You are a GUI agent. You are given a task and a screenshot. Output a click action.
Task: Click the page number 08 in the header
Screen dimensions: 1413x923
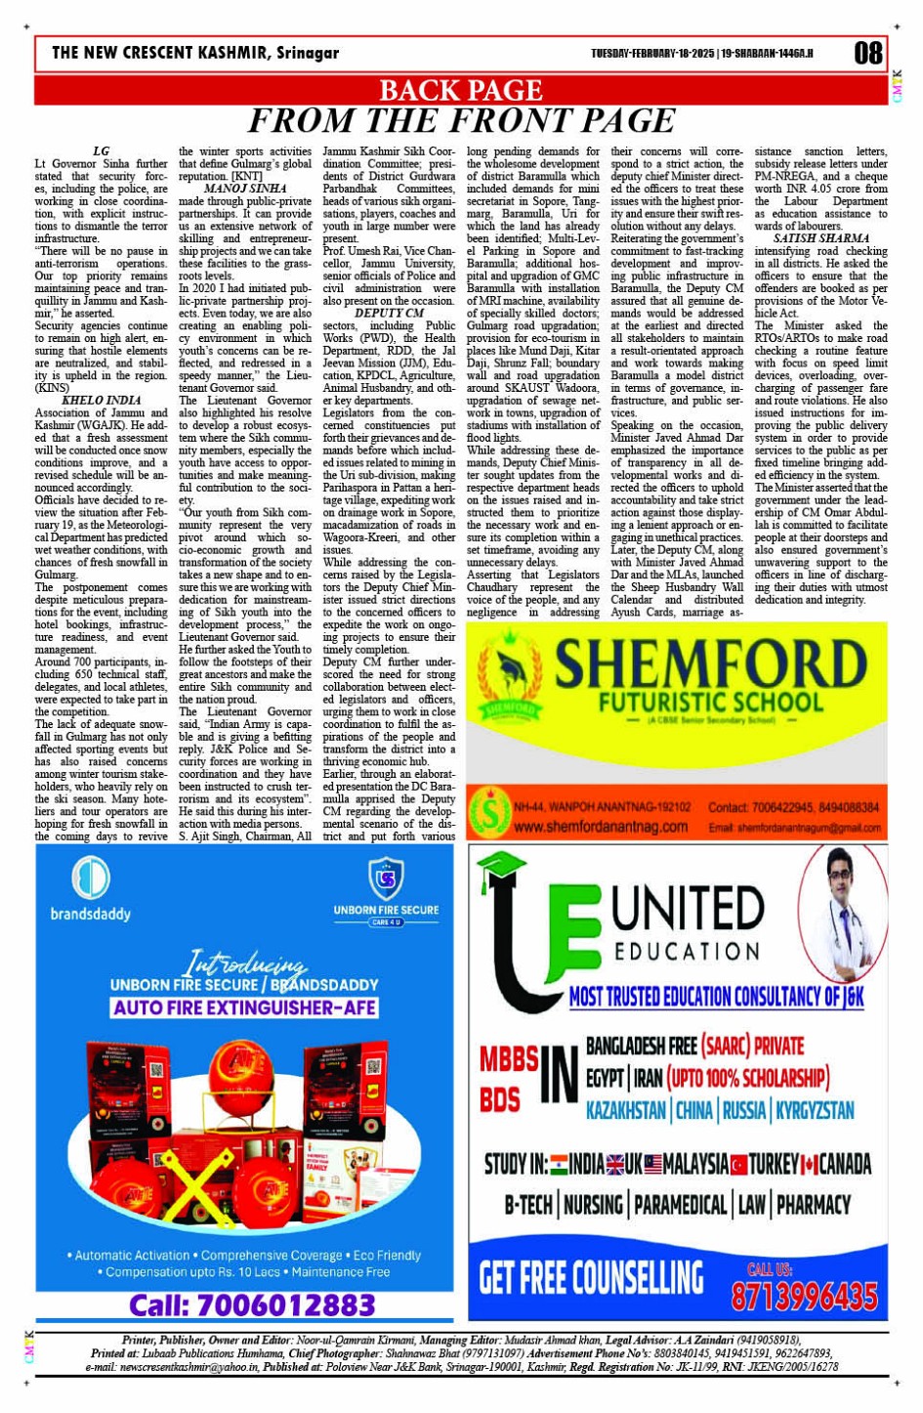click(867, 53)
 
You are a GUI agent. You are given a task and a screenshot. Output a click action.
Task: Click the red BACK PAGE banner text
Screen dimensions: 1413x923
click(460, 91)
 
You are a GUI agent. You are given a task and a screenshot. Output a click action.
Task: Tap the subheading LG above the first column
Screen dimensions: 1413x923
click(101, 151)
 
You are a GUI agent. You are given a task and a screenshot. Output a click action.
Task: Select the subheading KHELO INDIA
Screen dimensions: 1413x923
click(101, 401)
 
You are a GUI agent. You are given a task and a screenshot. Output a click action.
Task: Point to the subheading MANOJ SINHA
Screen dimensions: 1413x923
click(245, 188)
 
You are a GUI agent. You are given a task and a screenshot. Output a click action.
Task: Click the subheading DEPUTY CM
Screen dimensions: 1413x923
click(389, 314)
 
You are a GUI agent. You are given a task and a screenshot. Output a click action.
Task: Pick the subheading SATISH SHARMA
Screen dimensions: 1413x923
click(820, 238)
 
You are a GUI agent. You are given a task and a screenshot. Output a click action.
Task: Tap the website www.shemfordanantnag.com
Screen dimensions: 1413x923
click(600, 827)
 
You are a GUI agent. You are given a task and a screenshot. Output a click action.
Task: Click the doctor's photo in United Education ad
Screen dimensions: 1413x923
click(841, 913)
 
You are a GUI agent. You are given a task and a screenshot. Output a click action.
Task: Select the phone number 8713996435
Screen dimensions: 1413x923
click(804, 1296)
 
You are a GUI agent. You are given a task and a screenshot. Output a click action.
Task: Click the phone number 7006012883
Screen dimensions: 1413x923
click(252, 1305)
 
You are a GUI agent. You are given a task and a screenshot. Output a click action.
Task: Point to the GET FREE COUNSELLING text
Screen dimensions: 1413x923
click(591, 1277)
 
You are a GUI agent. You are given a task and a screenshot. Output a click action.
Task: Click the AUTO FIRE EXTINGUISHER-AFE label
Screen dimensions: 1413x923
click(244, 1007)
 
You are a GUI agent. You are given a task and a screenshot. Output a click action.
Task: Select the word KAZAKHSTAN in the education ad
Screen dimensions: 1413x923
click(625, 1111)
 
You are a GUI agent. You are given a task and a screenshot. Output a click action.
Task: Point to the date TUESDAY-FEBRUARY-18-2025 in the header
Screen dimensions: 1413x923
click(652, 54)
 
